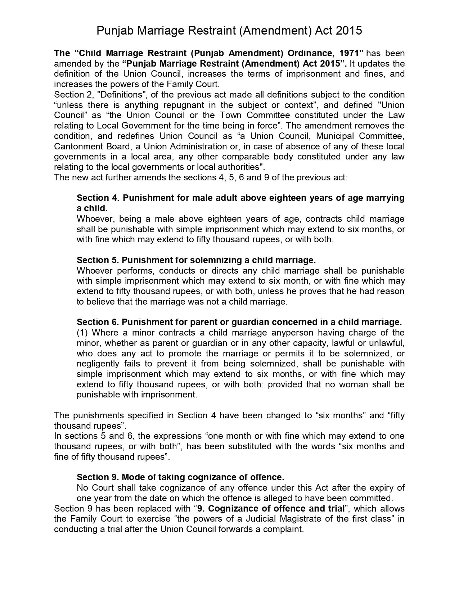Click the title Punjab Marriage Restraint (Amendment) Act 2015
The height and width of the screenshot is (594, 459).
pyautogui.click(x=229, y=31)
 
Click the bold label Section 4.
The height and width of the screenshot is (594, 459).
pyautogui.click(x=97, y=198)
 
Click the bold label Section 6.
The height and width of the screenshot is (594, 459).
pyautogui.click(x=97, y=322)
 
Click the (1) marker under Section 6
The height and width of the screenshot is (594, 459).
pyautogui.click(x=82, y=333)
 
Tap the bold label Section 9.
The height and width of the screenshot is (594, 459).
pyautogui.click(x=97, y=477)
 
